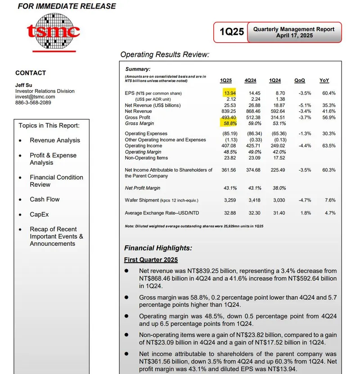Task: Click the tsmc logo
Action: [53, 31]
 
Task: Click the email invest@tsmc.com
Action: [35, 97]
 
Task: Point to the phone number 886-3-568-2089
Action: [33, 103]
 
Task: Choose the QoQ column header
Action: [299, 81]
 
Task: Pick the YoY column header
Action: [324, 81]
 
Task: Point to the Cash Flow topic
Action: [45, 199]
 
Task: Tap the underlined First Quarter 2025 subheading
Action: [151, 260]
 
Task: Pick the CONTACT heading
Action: [31, 73]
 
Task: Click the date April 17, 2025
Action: [294, 36]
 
